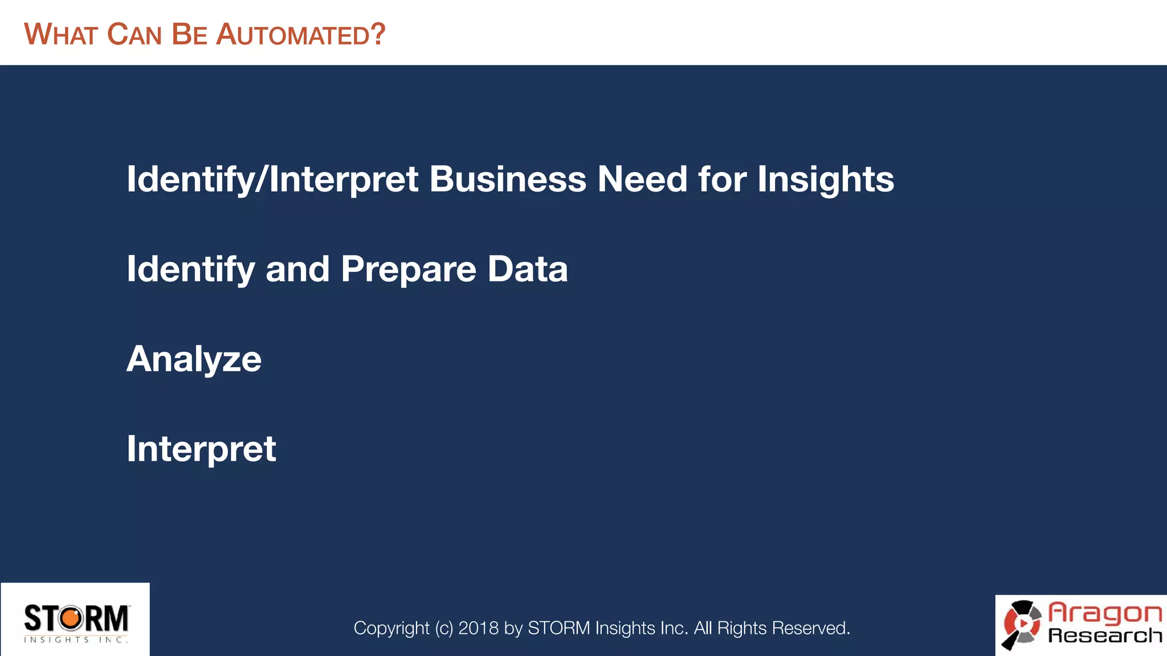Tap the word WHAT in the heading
tap(61, 35)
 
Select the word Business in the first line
tap(507, 179)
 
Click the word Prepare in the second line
tap(408, 269)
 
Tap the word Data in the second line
tap(527, 269)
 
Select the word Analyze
tap(194, 360)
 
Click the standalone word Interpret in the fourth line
tap(201, 450)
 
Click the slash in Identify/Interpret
tap(262, 180)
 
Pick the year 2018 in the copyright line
tap(478, 628)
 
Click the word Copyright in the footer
tap(391, 628)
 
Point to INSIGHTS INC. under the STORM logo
tap(76, 640)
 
